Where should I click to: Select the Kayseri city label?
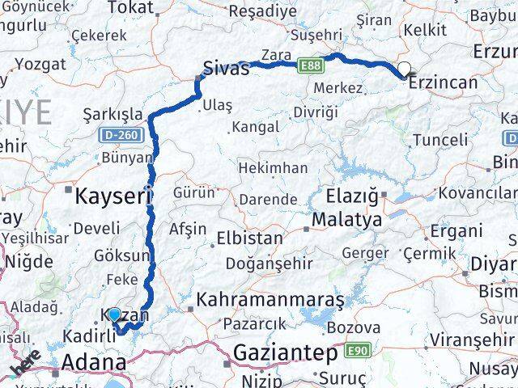coord(114,195)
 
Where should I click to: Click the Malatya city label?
coord(347,219)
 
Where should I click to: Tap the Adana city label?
coord(94,361)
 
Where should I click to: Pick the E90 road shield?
coord(357,351)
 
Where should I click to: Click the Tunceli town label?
coord(440,140)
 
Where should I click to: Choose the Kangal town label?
coord(255,127)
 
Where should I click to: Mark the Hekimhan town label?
coord(272,168)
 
